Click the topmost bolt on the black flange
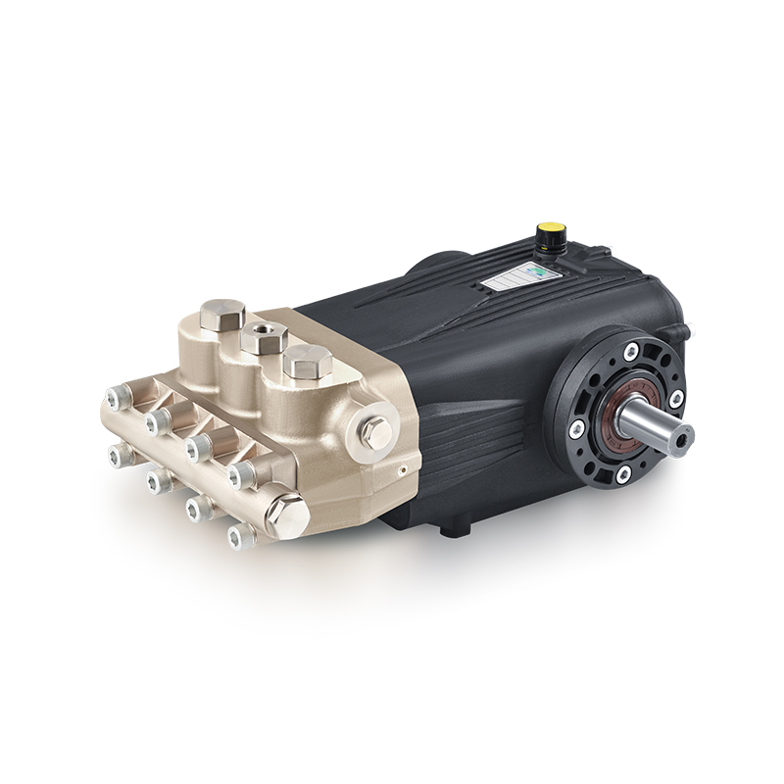tap(631, 350)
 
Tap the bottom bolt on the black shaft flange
tap(623, 473)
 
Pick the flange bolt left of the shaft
tap(576, 428)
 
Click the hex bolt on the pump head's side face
tap(375, 431)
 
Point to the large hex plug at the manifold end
tap(287, 514)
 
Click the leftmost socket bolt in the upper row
tap(117, 397)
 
